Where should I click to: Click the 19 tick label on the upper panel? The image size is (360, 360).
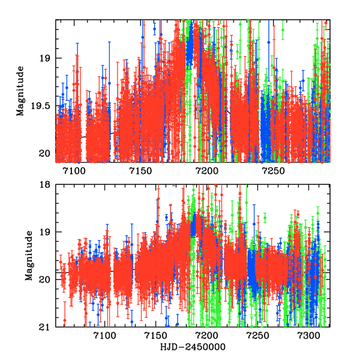pos(46,58)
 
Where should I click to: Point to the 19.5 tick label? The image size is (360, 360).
pos(41,106)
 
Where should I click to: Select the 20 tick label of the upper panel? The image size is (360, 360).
pos(46,153)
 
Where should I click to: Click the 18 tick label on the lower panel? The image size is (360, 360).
pos(46,185)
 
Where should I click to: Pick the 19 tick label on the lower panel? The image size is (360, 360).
pos(46,232)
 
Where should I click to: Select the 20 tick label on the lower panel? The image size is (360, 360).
pos(46,279)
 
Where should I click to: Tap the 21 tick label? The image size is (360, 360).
pos(46,327)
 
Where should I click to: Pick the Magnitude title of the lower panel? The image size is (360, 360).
pos(28,256)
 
